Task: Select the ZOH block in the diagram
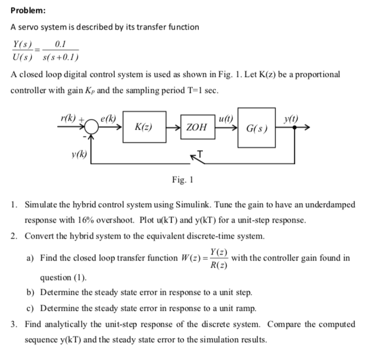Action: pos(196,127)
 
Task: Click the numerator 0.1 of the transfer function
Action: pos(60,44)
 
